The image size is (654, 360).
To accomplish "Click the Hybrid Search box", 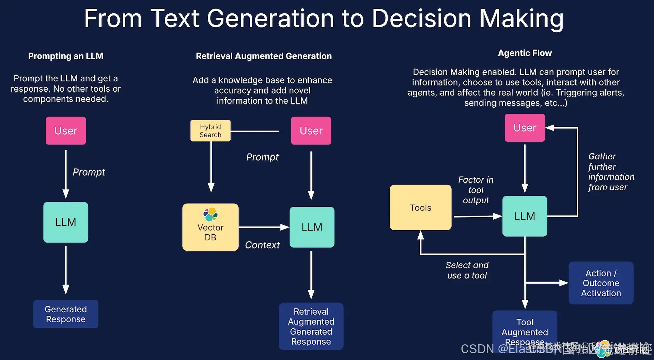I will [x=210, y=131].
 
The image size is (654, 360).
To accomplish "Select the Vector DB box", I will [x=210, y=228].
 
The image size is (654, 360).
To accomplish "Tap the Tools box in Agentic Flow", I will [x=420, y=207].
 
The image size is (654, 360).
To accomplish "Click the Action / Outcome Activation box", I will [x=601, y=283].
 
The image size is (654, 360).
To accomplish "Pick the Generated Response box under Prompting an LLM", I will [x=66, y=314].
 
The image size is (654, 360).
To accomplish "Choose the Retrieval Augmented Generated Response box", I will [x=311, y=326].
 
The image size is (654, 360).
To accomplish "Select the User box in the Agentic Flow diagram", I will [x=525, y=128].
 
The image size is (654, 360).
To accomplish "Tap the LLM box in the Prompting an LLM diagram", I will [x=66, y=222].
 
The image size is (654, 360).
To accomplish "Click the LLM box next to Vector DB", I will [x=312, y=227].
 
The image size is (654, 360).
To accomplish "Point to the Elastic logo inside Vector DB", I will [x=211, y=214].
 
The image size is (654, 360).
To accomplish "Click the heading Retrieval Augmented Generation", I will [x=264, y=56].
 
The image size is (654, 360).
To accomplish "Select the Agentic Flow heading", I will [x=525, y=53].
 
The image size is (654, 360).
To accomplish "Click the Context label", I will [x=262, y=245].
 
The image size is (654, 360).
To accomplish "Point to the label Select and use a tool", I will [x=467, y=270].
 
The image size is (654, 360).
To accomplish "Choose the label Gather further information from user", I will [x=611, y=172].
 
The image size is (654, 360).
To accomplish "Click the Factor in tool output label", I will [x=476, y=190].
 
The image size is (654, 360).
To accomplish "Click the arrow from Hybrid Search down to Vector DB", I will [x=211, y=167].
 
